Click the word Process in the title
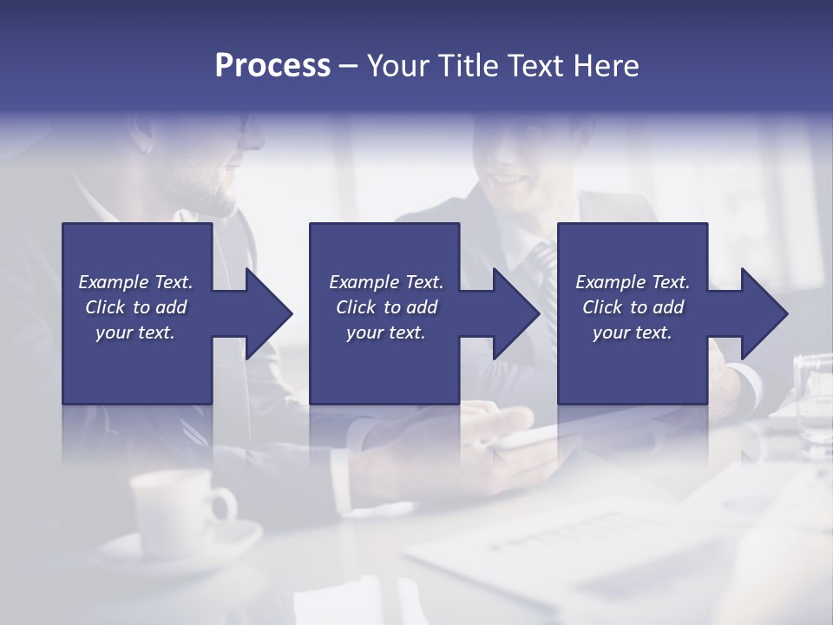(272, 66)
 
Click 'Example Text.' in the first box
(135, 282)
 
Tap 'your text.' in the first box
(135, 332)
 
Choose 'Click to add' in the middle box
(386, 307)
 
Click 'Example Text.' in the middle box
(386, 282)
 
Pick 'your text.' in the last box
(633, 332)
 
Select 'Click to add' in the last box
(633, 307)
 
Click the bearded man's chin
(227, 205)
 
